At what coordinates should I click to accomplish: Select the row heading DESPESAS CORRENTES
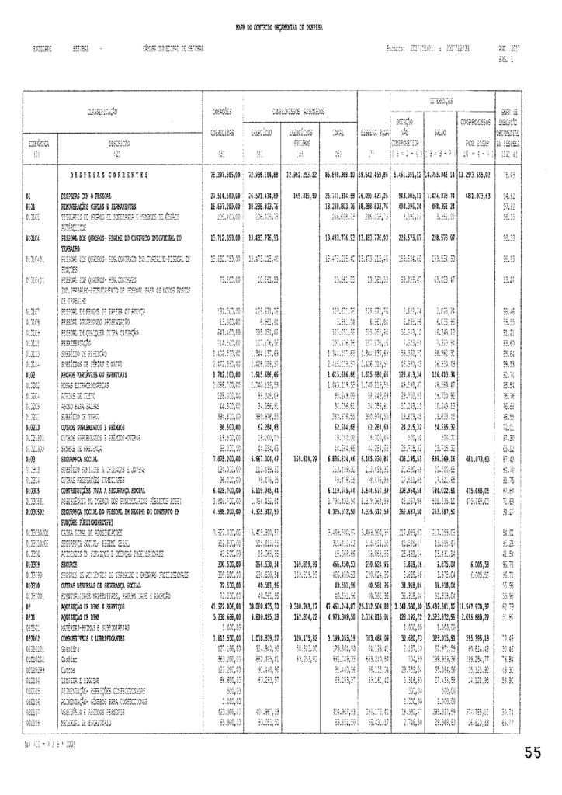(106, 175)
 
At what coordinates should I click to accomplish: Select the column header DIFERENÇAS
(439, 102)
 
